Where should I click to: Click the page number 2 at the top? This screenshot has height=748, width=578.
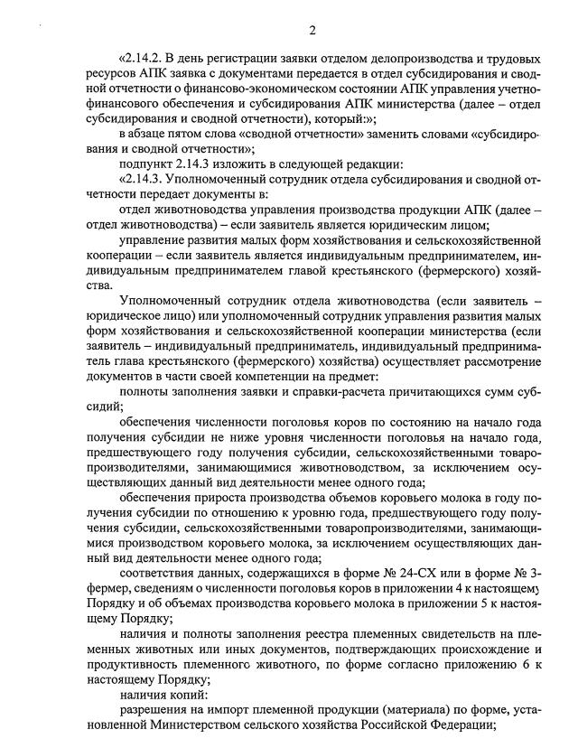pyautogui.click(x=312, y=31)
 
